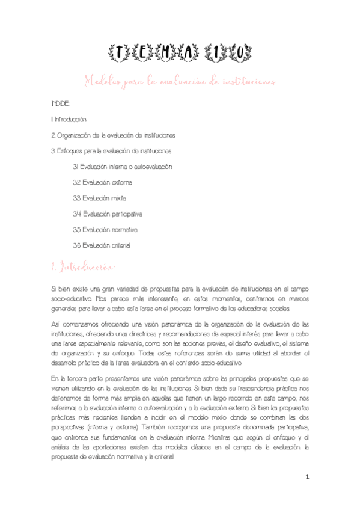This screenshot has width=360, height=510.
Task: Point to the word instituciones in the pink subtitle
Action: (246, 81)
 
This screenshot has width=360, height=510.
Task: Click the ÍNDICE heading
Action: (60, 104)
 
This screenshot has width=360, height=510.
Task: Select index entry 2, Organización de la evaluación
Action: (114, 135)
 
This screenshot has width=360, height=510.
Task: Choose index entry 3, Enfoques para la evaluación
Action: (112, 151)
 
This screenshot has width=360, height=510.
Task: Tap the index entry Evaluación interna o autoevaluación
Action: (123, 167)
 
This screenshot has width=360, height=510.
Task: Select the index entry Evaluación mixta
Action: (99, 198)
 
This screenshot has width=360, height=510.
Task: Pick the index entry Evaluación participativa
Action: (108, 214)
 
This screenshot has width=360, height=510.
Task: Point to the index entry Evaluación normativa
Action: (105, 229)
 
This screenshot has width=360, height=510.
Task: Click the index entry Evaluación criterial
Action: (102, 245)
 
